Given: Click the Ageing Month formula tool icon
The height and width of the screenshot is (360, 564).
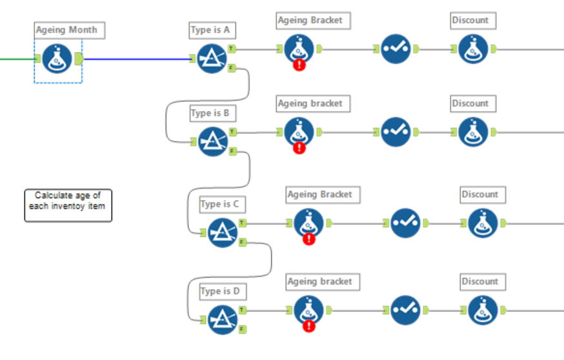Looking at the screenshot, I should (57, 59).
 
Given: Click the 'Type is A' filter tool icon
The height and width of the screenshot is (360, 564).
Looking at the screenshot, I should (211, 59).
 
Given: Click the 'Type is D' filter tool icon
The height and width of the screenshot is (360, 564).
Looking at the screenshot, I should (221, 319).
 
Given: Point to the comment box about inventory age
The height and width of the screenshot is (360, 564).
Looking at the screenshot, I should (68, 205).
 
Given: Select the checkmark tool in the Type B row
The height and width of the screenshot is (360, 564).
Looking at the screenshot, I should (395, 132).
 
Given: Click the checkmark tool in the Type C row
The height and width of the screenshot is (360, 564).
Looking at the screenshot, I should (405, 223).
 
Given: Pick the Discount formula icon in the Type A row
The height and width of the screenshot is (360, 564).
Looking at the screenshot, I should (473, 49).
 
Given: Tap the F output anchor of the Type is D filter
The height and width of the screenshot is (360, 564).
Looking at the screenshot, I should (242, 329).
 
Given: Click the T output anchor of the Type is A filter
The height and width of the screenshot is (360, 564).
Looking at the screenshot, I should (232, 48).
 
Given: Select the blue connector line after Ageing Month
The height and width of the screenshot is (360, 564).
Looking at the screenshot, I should (136, 59).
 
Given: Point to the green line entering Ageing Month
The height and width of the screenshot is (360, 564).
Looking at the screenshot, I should (16, 59).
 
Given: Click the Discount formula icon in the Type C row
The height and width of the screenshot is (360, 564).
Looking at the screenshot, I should (483, 223).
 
